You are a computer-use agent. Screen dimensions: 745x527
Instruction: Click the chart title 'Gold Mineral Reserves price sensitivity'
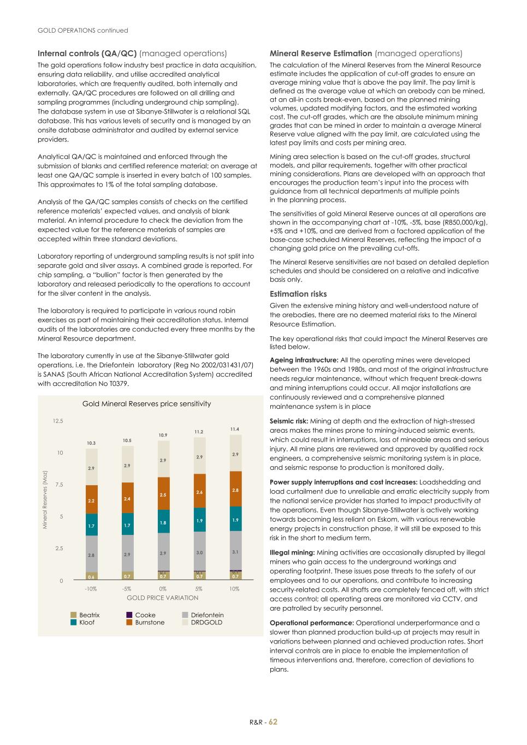146,404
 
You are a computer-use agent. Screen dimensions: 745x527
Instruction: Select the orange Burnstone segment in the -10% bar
92,499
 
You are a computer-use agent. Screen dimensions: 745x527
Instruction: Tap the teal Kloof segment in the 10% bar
235,520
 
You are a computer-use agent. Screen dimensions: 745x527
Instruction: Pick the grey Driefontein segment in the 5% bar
199,552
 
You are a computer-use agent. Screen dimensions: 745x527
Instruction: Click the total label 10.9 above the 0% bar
163,435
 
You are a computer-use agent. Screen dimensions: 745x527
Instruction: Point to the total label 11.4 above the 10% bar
235,430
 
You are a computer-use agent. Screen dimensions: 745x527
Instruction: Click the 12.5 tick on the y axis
58,421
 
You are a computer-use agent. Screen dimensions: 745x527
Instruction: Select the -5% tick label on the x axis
127,589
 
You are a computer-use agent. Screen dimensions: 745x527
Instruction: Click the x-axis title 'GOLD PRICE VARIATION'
162,598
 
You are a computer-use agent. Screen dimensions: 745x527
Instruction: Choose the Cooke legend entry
145,615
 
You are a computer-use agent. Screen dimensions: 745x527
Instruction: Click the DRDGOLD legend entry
206,622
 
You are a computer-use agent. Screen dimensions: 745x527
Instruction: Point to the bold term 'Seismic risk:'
289,421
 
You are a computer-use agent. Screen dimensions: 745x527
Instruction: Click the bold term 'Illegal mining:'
292,552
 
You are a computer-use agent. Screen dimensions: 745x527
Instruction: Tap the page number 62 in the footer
273,722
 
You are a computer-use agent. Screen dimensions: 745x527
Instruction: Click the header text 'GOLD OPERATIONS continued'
82,31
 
